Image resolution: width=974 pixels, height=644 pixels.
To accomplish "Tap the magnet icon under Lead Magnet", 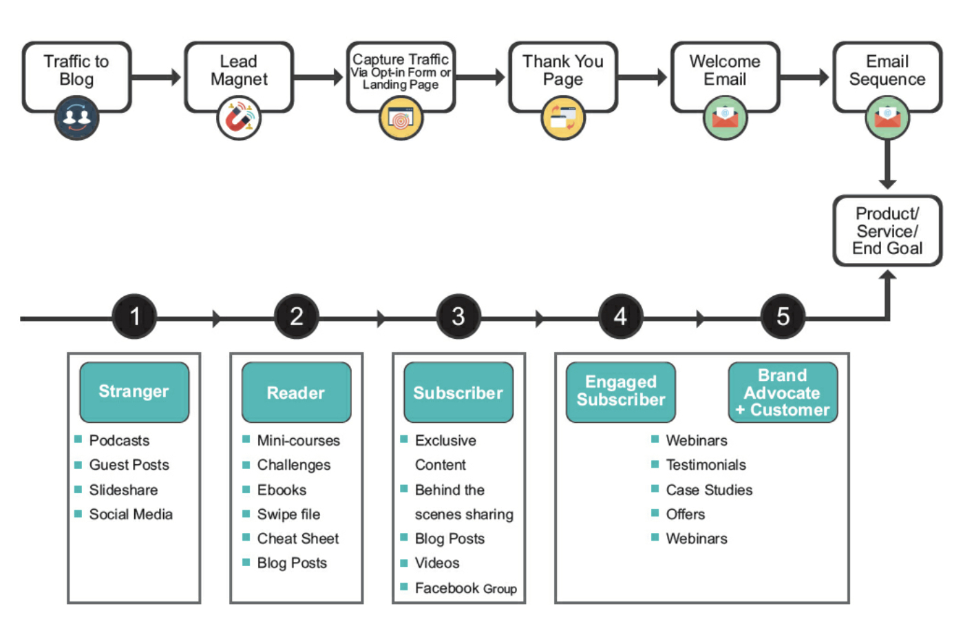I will [239, 118].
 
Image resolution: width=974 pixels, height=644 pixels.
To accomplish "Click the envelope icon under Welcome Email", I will [725, 118].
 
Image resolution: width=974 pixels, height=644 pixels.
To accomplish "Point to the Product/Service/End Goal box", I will [887, 231].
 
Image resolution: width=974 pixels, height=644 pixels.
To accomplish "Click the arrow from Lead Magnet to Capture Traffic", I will [319, 77].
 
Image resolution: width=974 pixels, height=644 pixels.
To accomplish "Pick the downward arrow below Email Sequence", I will [887, 165].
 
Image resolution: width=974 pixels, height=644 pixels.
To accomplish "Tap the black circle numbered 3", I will [458, 317].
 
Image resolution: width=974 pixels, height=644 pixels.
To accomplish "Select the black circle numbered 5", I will [783, 317].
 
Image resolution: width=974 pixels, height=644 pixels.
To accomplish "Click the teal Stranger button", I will [134, 392].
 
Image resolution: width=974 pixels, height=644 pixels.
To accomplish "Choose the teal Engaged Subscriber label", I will [621, 391].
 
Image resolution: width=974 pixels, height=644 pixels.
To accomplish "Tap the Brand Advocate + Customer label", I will [783, 393].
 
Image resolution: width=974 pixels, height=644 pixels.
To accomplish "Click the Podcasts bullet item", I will [119, 440].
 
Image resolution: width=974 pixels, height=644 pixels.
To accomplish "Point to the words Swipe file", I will [288, 515].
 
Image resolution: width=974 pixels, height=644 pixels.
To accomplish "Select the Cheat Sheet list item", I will [297, 539].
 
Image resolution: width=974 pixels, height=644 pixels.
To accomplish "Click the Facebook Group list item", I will [465, 588].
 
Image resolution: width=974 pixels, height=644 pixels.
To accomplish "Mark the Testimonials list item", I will [706, 465].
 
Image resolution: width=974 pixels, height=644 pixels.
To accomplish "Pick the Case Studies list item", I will [709, 490].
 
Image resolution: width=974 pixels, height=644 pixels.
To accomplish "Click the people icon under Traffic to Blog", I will [76, 118].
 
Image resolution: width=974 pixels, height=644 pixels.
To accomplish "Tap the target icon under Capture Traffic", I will [401, 118].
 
